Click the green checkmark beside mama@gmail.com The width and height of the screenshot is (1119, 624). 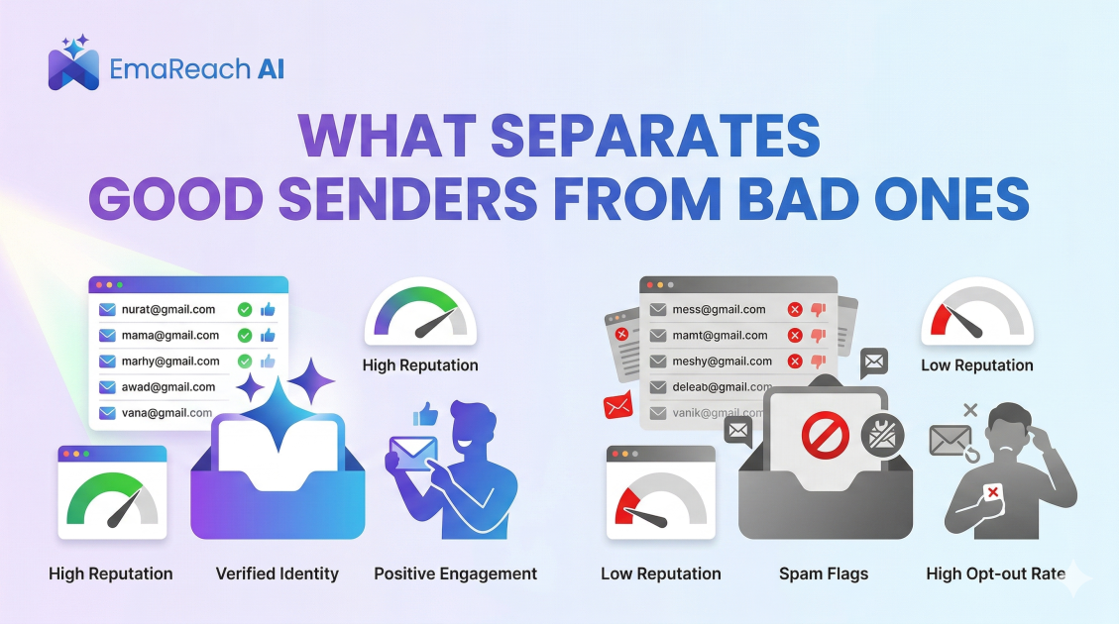[x=244, y=336]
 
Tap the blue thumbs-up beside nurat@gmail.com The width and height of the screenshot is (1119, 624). [x=268, y=310]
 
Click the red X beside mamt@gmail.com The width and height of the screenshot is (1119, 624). [x=794, y=336]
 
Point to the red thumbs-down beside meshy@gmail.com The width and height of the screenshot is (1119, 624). [x=818, y=362]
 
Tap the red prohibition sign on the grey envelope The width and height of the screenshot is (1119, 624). [x=825, y=437]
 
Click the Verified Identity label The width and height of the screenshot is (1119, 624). [x=278, y=573]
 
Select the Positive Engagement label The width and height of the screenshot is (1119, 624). [x=455, y=573]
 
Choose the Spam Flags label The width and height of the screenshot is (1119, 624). [x=824, y=573]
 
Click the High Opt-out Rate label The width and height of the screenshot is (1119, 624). [x=995, y=573]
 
